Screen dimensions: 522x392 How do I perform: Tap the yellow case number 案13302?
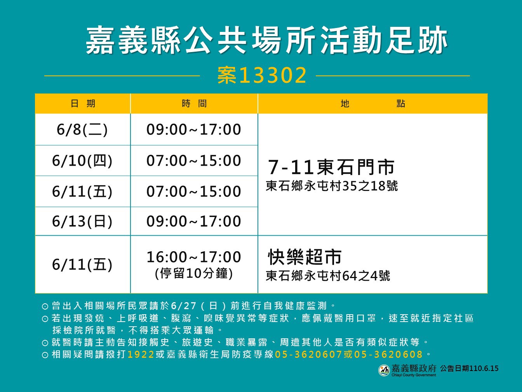[262, 75]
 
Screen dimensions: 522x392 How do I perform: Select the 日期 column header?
[83, 103]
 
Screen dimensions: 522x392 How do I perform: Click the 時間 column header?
[194, 103]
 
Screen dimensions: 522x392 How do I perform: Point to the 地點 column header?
[372, 103]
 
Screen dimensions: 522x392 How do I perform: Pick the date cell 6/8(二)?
[82, 130]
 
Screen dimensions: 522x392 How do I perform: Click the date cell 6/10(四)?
[82, 161]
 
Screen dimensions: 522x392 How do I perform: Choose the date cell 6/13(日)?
[82, 221]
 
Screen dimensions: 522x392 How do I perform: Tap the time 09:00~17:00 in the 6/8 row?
[194, 129]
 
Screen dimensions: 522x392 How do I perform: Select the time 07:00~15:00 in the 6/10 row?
[194, 161]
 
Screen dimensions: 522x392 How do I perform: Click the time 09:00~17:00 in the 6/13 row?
[194, 221]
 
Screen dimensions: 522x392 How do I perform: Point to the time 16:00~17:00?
[194, 257]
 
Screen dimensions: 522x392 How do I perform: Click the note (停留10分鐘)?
[194, 273]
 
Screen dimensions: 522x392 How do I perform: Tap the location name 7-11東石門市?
[331, 167]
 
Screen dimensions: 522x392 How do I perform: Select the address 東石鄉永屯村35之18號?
[332, 186]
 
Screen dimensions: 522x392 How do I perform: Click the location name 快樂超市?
[304, 257]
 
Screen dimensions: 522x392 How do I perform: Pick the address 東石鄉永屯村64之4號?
[328, 276]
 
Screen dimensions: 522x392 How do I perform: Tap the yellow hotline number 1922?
[141, 354]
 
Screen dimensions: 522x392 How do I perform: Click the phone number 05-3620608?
[388, 354]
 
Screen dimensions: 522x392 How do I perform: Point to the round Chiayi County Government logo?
[384, 370]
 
